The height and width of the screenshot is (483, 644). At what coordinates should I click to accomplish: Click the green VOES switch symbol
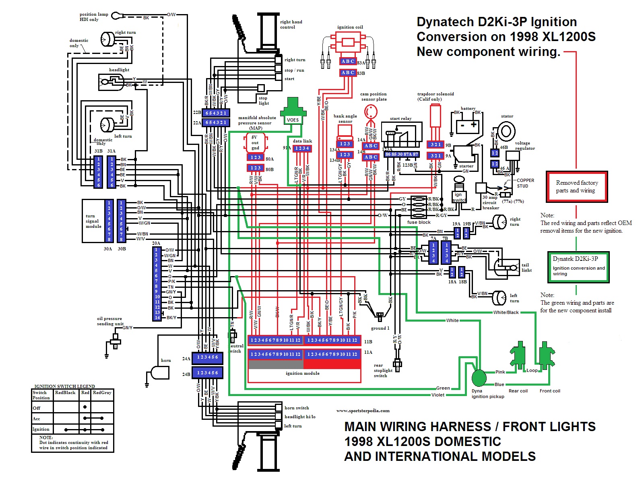293,111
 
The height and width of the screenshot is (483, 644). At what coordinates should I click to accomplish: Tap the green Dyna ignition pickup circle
479,378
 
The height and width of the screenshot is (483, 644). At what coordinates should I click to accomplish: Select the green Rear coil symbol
518,354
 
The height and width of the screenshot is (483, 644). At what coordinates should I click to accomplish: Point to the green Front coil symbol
547,354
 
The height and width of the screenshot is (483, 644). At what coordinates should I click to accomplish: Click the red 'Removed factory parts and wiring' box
577,187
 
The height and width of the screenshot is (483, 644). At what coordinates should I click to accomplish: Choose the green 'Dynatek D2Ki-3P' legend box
578,266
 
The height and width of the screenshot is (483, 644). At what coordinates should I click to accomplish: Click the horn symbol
159,373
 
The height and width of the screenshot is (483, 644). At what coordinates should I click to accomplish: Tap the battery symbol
468,126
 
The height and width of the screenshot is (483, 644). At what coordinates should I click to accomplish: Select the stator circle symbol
506,131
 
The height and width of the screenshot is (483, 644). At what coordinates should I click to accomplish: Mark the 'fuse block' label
419,222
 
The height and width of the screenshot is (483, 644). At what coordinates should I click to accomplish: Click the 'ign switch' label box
459,197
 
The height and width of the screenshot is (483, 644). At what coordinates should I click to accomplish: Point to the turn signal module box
93,221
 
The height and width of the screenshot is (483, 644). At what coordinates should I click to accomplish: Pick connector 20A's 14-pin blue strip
157,284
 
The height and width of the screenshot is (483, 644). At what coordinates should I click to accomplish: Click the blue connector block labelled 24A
207,357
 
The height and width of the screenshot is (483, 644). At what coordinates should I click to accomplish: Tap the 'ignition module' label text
303,373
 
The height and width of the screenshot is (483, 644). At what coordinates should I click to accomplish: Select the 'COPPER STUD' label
525,183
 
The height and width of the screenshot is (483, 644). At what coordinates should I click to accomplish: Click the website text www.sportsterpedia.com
363,411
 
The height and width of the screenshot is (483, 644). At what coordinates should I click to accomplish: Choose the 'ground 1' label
380,328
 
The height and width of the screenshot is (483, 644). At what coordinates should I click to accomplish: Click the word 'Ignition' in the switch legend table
41,429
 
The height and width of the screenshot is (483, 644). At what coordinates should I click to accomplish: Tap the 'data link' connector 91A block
302,149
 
